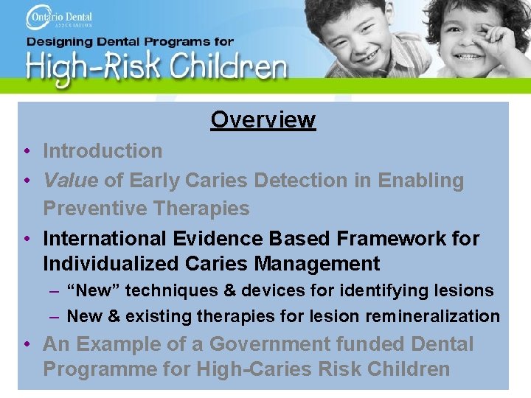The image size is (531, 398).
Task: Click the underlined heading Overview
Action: point(263,119)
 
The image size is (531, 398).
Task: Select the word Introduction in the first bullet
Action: point(103,151)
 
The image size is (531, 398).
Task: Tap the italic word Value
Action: point(70,181)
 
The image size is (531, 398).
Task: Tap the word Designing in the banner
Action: point(59,43)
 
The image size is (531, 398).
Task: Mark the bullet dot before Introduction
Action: point(26,152)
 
